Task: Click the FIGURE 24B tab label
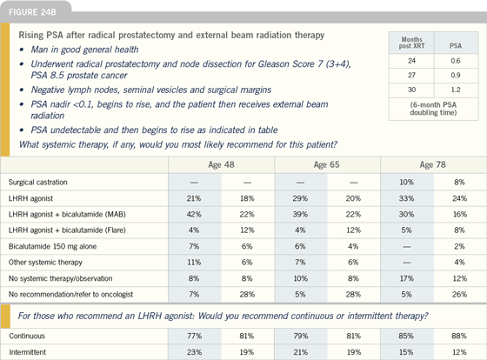[32, 12]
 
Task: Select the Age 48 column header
[221, 164]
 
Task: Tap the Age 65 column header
[326, 164]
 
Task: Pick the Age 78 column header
[433, 164]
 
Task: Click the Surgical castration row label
[38, 183]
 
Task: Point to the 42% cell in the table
[194, 214]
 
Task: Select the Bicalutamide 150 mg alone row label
[52, 247]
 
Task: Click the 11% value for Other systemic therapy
[194, 263]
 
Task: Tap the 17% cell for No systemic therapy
[406, 278]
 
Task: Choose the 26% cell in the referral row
[459, 295]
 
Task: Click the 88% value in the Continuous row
[459, 336]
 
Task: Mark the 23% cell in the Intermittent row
[194, 352]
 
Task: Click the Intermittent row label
[27, 352]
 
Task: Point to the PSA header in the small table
[456, 46]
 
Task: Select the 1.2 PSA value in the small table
[456, 90]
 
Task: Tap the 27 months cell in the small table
[412, 76]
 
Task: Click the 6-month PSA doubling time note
[433, 109]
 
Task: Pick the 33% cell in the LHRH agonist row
[406, 198]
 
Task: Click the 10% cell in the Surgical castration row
[406, 183]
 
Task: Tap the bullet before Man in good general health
[22, 50]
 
